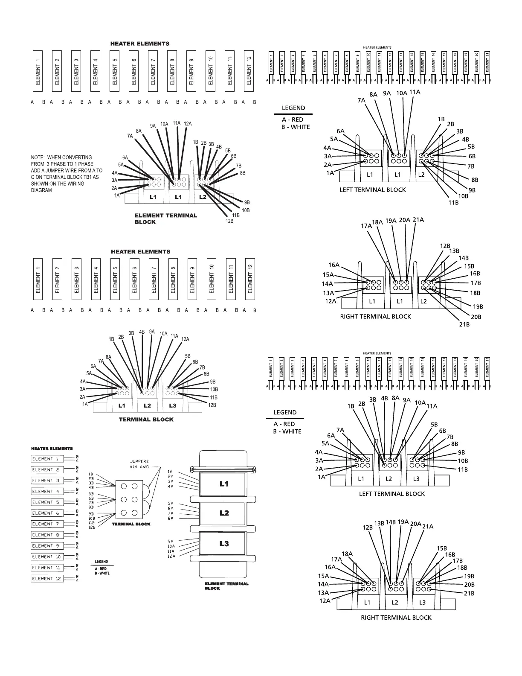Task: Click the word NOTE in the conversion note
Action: (x=37, y=157)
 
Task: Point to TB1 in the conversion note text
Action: (x=92, y=177)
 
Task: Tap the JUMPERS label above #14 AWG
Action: (x=139, y=461)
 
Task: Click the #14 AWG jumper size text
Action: (x=139, y=467)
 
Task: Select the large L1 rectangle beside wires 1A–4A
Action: (x=224, y=484)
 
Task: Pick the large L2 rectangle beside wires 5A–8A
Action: (x=224, y=513)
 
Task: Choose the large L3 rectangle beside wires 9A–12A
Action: (x=224, y=544)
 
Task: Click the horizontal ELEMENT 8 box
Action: (x=47, y=535)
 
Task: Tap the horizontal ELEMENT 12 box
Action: (x=47, y=579)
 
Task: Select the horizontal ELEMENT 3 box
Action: (x=47, y=481)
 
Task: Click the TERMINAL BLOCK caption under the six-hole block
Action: (x=131, y=524)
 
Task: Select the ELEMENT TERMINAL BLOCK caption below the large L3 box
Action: (x=226, y=586)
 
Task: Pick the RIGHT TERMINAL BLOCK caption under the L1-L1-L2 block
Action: (x=375, y=317)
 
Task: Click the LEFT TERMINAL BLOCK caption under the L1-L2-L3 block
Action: (x=392, y=494)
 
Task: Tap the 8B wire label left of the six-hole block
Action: (x=91, y=507)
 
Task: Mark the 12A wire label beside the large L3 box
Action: (x=171, y=556)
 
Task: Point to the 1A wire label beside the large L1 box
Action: (x=170, y=471)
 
